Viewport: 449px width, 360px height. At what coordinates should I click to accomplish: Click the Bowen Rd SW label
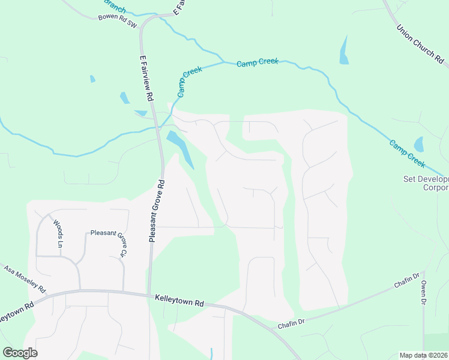tap(117, 18)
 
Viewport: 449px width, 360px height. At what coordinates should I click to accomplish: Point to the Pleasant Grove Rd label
tap(157, 210)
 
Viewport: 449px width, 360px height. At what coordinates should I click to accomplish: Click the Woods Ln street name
tap(59, 234)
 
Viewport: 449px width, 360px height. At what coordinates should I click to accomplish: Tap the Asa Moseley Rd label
tap(25, 280)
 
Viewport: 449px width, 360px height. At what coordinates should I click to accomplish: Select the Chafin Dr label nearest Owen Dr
tap(407, 280)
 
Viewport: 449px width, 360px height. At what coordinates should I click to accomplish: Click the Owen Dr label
tap(424, 292)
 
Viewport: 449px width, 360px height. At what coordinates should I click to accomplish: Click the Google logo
tap(20, 353)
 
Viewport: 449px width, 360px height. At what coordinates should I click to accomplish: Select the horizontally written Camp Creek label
tap(258, 63)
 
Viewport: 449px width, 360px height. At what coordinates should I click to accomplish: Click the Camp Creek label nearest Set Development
tap(407, 154)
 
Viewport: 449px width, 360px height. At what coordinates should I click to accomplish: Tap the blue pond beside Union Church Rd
tap(344, 50)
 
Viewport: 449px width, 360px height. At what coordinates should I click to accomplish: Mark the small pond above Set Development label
tap(418, 145)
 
